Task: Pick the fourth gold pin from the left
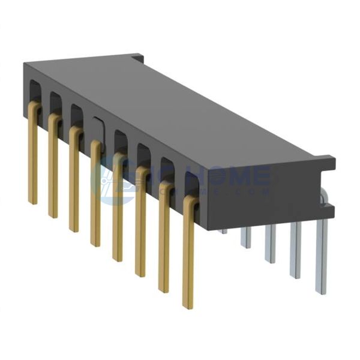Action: pos(95,198)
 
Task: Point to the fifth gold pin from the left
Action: pos(117,213)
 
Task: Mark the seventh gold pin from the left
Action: pos(163,240)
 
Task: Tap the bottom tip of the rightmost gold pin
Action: pos(188,306)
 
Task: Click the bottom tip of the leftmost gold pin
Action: pos(32,202)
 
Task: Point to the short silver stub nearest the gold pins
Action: pos(223,230)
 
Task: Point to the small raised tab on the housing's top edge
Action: pos(137,58)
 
